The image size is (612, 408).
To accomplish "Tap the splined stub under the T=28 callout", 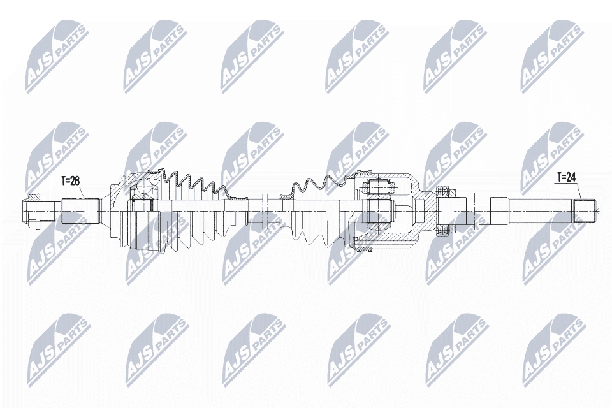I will (x=80, y=211).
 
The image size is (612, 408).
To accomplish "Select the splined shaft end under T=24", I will (x=585, y=210).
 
